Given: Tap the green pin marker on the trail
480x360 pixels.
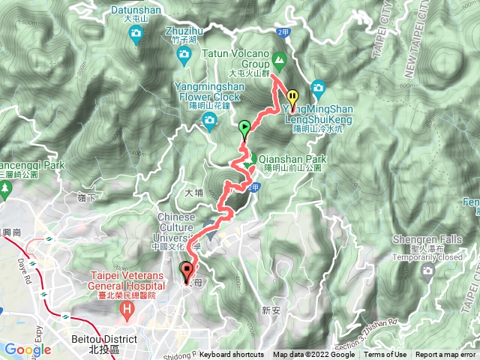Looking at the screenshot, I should coord(244,129).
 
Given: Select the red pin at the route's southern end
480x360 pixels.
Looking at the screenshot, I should coord(186,270).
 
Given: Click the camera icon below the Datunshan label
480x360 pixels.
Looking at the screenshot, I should coord(136,33).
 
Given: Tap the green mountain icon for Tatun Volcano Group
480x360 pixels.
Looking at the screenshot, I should coord(280,58).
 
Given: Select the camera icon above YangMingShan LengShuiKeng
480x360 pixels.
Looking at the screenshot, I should coord(317,86).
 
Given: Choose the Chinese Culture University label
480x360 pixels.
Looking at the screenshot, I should coord(181,222).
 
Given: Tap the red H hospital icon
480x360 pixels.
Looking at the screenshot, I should coord(128,308).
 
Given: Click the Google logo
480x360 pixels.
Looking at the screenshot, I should coord(28,349).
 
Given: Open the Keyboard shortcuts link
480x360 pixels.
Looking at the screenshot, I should coord(232,355).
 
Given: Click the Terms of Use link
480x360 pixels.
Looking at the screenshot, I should coord(385,355).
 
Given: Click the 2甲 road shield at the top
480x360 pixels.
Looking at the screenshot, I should coord(282,32).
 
